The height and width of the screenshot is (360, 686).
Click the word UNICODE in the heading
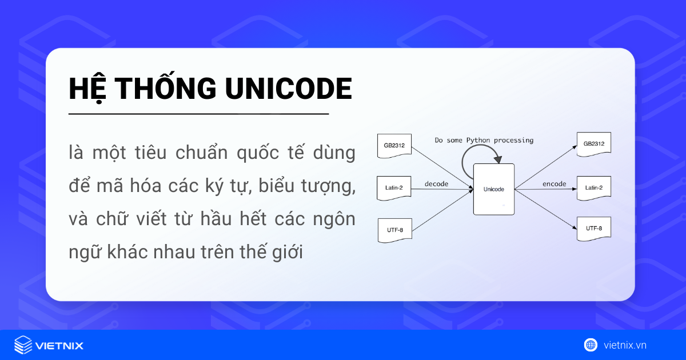click(289, 89)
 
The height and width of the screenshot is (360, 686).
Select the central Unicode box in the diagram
click(493, 189)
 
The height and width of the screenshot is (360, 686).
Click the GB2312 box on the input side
click(394, 146)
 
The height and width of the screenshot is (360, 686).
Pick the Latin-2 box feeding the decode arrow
click(394, 188)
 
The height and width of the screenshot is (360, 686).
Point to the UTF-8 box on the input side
click(394, 230)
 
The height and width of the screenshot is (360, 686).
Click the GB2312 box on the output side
click(594, 143)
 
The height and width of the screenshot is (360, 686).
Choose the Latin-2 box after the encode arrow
click(594, 188)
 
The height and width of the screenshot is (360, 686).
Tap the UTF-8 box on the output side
click(594, 229)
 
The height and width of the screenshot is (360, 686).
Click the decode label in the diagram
click(436, 184)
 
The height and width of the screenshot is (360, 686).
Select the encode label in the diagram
click(554, 184)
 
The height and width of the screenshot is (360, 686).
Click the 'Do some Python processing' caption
click(484, 140)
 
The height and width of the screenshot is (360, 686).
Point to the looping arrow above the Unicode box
click(479, 153)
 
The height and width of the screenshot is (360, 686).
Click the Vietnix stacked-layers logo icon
click(22, 345)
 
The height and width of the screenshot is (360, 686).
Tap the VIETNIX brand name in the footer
click(59, 346)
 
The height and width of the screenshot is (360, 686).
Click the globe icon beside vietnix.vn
click(591, 345)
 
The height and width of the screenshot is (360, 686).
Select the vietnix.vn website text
click(625, 345)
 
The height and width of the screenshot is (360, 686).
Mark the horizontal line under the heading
click(198, 114)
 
